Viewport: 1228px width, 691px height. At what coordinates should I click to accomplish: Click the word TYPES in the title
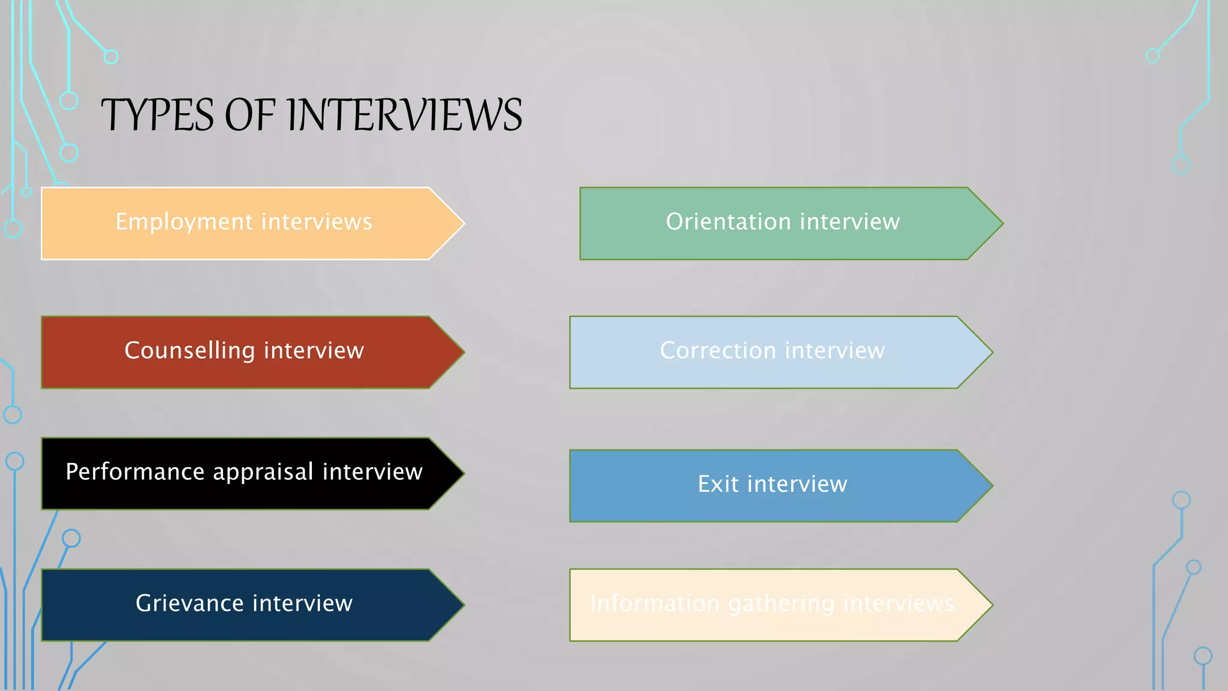tap(157, 115)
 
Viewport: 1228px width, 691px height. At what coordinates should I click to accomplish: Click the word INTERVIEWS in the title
tap(405, 115)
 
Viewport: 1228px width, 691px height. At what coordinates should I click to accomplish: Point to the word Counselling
tap(189, 351)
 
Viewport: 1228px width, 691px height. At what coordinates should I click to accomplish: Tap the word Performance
tap(135, 472)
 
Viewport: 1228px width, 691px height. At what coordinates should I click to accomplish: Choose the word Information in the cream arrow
tap(655, 603)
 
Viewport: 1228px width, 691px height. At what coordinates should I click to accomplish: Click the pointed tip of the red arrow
tap(463, 352)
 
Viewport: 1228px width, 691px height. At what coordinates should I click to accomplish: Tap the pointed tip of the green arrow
tap(1001, 223)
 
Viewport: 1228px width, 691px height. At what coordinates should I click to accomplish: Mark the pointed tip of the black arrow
tap(463, 473)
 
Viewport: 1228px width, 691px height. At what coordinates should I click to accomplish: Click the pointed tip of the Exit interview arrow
tap(991, 485)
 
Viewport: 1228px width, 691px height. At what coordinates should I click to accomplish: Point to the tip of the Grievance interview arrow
tap(463, 605)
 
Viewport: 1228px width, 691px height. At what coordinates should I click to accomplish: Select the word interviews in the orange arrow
tap(317, 222)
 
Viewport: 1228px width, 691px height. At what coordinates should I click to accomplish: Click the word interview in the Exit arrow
tap(797, 484)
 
